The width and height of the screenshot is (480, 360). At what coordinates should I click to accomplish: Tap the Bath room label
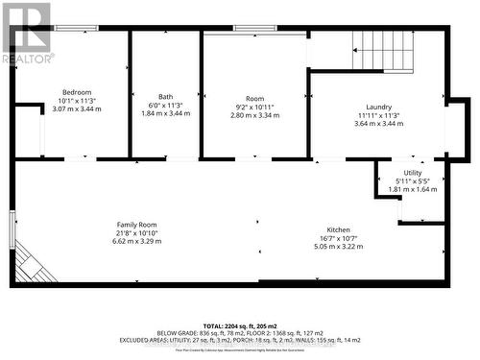tap(166, 97)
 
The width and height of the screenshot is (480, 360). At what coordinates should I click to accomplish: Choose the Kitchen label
tap(338, 230)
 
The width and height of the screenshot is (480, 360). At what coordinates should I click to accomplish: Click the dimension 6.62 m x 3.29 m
tap(135, 241)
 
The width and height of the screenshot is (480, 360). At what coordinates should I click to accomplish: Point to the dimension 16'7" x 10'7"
tap(338, 238)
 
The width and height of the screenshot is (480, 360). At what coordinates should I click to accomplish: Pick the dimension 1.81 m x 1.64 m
tap(415, 189)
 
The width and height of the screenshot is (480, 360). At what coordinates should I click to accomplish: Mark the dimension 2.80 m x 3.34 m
tap(253, 112)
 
